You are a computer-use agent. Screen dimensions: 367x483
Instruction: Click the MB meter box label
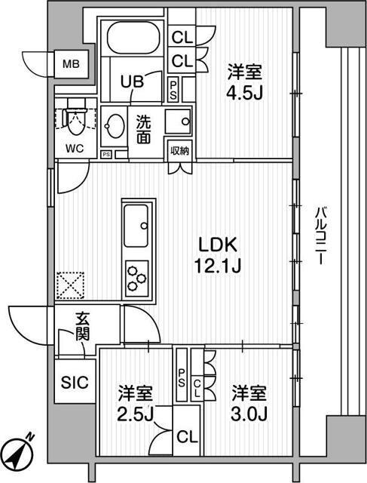point(71,64)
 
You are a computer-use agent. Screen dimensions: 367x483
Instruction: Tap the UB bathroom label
point(132,82)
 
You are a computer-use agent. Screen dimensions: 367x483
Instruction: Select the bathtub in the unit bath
point(133,38)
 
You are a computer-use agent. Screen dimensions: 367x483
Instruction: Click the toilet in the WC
point(75,118)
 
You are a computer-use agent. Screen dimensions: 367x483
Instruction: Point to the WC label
point(75,149)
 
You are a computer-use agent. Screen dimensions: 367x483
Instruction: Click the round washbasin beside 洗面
point(115,126)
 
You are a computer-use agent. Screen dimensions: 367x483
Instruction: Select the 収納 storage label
point(180,151)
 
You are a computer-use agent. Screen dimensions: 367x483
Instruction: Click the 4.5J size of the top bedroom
point(244,93)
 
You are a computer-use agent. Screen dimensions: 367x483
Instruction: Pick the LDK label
point(218,245)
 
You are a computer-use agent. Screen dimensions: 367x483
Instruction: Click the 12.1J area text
point(218,266)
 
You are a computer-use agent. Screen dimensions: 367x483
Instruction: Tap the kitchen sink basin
point(136,226)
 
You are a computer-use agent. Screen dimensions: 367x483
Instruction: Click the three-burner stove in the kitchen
point(137,278)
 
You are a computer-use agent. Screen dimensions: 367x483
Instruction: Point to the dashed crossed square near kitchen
point(71,285)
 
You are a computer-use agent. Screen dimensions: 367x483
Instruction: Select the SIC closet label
point(75,383)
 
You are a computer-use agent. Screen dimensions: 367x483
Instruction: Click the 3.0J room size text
point(249,414)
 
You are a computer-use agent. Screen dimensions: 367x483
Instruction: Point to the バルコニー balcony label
point(320,236)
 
